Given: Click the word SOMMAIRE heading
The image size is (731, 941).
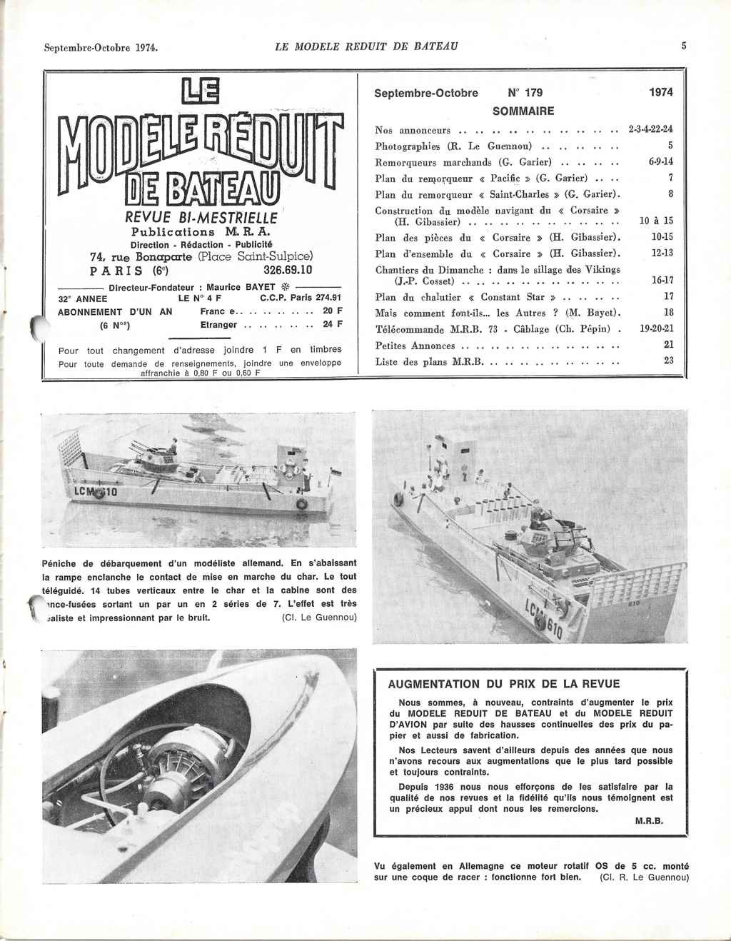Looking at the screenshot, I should pos(523,111).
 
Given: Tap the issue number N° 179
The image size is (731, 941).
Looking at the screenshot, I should pos(525,93).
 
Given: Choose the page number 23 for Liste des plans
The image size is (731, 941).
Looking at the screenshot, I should pos(667,361).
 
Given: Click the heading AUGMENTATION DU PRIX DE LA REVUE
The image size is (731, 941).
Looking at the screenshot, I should pos(504,683).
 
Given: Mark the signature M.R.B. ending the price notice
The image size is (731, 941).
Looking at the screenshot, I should pos(649,821).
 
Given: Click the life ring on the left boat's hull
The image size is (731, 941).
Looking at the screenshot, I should pos(301,503).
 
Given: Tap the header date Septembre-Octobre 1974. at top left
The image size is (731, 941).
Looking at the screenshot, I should pos(101,48).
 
